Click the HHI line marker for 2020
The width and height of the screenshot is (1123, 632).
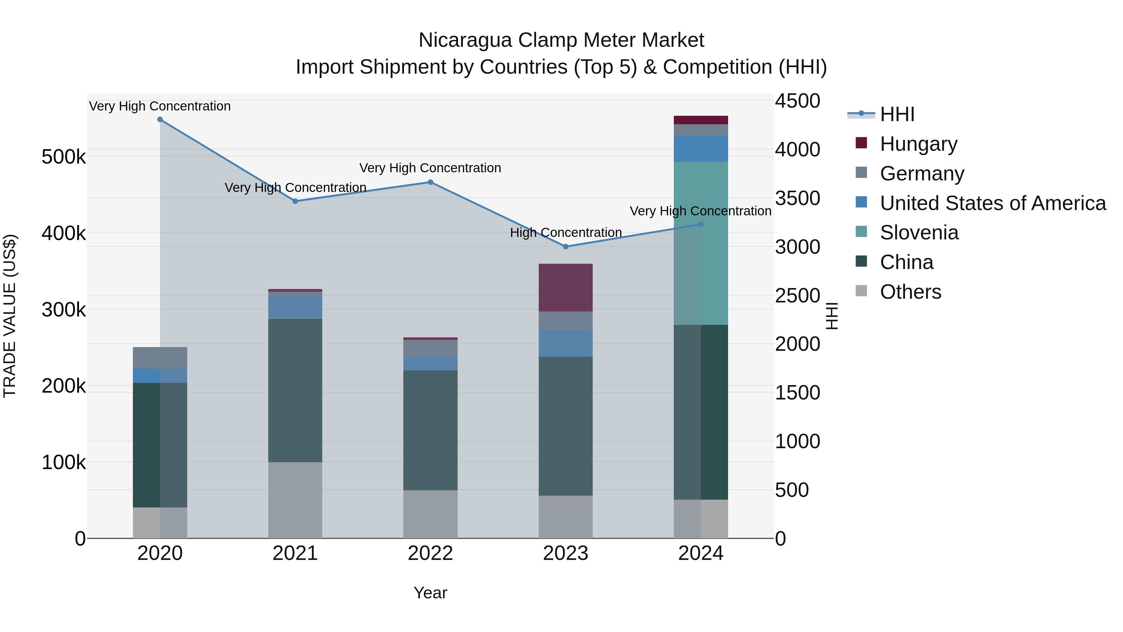(x=160, y=120)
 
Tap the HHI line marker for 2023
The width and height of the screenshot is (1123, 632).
(x=566, y=247)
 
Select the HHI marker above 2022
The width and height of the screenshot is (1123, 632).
(x=430, y=182)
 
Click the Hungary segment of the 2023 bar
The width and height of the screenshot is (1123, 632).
(x=566, y=287)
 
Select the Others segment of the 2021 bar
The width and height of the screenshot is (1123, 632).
(x=295, y=500)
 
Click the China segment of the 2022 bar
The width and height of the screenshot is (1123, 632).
(x=430, y=430)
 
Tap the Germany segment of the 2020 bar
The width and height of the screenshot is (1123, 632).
(x=160, y=358)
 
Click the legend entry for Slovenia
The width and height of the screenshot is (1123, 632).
(x=919, y=233)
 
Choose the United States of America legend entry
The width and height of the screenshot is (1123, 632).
(x=993, y=203)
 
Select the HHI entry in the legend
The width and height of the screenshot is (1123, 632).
(x=897, y=114)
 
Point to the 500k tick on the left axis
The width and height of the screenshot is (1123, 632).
(x=64, y=157)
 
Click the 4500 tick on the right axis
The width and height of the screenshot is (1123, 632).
(x=797, y=101)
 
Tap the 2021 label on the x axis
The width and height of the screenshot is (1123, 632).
(x=295, y=553)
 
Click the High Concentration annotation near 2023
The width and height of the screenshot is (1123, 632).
(x=566, y=233)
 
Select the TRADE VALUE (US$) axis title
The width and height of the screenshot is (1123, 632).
(x=10, y=316)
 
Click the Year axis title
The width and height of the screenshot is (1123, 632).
(x=430, y=593)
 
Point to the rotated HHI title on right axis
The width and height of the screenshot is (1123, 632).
(x=831, y=316)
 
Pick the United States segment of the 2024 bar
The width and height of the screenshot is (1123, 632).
(x=701, y=149)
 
